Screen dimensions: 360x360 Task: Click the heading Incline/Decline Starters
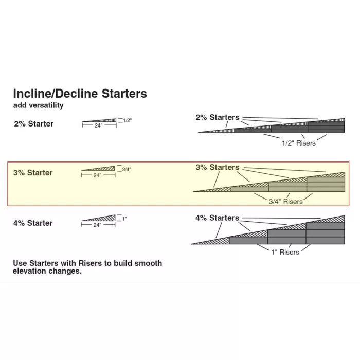pos(80,94)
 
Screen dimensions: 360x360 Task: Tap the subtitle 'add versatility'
pos(38,105)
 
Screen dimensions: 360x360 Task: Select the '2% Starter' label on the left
pos(33,124)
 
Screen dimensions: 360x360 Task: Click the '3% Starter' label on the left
pos(33,173)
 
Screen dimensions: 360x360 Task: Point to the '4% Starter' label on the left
pos(33,223)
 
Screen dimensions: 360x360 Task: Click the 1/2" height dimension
pos(128,120)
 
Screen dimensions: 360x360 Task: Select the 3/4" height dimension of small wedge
pos(127,169)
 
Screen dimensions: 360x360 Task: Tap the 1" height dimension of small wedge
pos(124,219)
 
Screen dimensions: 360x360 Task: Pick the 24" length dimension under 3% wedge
pos(98,175)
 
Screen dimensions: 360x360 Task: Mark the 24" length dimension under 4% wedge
pos(98,225)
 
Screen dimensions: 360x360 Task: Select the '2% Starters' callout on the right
pos(217,118)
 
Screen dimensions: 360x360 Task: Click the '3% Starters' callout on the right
pos(217,168)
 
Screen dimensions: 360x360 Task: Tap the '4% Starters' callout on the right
pos(217,218)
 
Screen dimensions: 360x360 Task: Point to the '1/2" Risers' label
pos(298,143)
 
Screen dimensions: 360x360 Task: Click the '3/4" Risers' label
pos(286,202)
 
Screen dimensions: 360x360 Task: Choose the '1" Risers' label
pos(285,252)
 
